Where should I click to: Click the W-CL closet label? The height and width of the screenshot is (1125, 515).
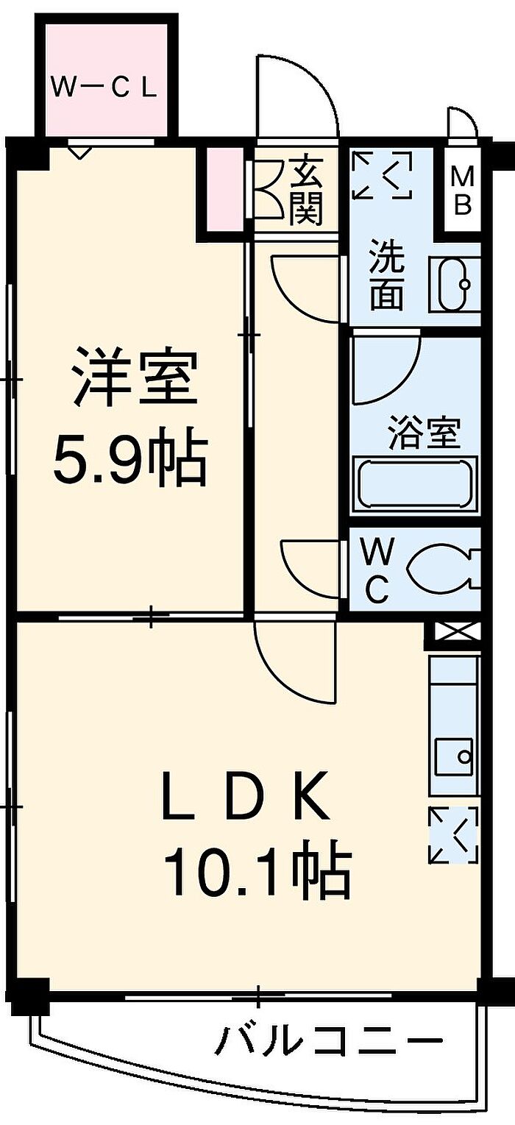pyautogui.click(x=104, y=88)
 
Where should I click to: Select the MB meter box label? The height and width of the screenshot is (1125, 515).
pyautogui.click(x=461, y=191)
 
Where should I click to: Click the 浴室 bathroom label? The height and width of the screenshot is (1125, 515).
pyautogui.click(x=425, y=433)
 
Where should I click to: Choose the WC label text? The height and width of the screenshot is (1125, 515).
pyautogui.click(x=377, y=569)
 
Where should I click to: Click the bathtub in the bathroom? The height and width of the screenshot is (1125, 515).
pyautogui.click(x=416, y=483)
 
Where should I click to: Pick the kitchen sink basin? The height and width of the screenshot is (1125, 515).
pyautogui.click(x=453, y=755)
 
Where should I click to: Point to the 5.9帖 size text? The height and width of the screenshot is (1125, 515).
pyautogui.click(x=129, y=458)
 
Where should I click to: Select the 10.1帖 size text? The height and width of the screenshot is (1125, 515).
pyautogui.click(x=257, y=871)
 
